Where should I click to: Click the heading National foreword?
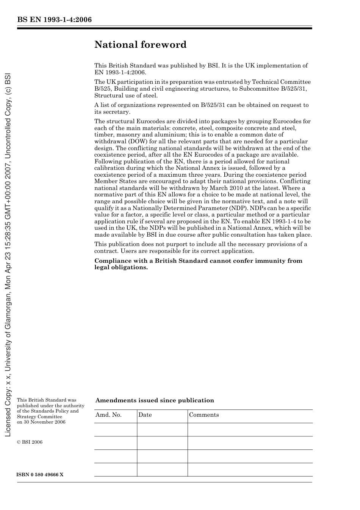click(x=140, y=45)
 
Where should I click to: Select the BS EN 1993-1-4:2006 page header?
click(x=54, y=20)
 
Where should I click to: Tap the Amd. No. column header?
click(x=108, y=415)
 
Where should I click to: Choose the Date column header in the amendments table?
click(x=145, y=415)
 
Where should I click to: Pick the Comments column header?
click(x=204, y=415)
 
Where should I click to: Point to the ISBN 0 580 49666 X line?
click(x=40, y=475)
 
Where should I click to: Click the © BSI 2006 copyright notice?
click(x=30, y=442)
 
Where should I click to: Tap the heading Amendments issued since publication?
click(x=155, y=400)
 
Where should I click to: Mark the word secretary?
click(x=117, y=112)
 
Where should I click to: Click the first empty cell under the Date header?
click(x=162, y=430)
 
